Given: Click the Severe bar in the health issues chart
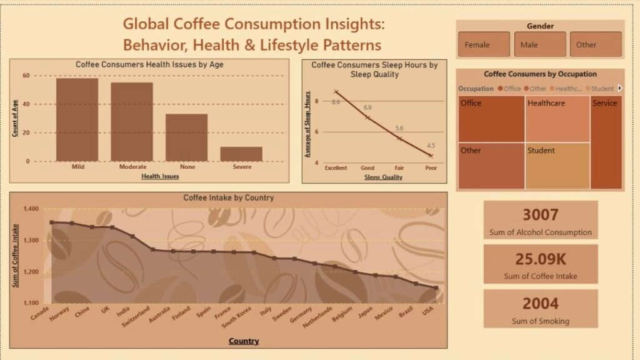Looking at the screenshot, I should (x=241, y=154).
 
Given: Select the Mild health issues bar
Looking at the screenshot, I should (x=77, y=119).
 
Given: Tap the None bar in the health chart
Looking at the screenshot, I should (x=186, y=137).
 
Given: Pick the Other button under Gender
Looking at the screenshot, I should (x=596, y=44).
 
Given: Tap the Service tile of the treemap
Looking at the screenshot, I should (x=606, y=142).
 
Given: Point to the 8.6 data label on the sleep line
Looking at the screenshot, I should (x=336, y=102).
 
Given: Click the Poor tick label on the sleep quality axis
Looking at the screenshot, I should (x=431, y=168).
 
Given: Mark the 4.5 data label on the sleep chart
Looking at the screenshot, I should (x=431, y=146).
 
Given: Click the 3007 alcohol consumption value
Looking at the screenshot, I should (x=541, y=215).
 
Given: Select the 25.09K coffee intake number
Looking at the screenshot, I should (x=541, y=259).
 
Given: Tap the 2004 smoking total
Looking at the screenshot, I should (x=541, y=304).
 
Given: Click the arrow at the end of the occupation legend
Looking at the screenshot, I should (x=620, y=88).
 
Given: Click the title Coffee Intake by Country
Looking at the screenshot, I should (x=228, y=198).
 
